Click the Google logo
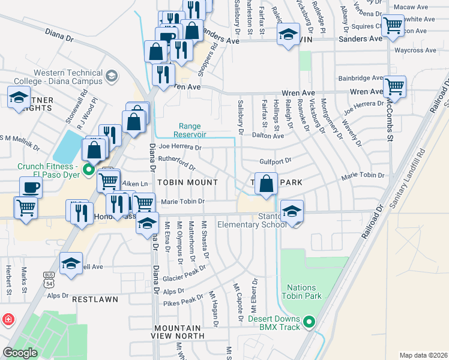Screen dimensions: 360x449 [20, 353]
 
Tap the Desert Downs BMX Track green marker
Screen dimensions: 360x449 [310, 322]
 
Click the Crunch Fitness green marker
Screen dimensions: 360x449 [89, 170]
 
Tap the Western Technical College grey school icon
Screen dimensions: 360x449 [112, 76]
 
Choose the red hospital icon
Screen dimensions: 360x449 [8, 319]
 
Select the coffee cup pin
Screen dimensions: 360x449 [30, 187]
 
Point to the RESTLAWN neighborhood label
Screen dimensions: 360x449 [93, 298]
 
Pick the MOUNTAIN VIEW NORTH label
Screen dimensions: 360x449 [176, 332]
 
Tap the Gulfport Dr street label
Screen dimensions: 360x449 [275, 161]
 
